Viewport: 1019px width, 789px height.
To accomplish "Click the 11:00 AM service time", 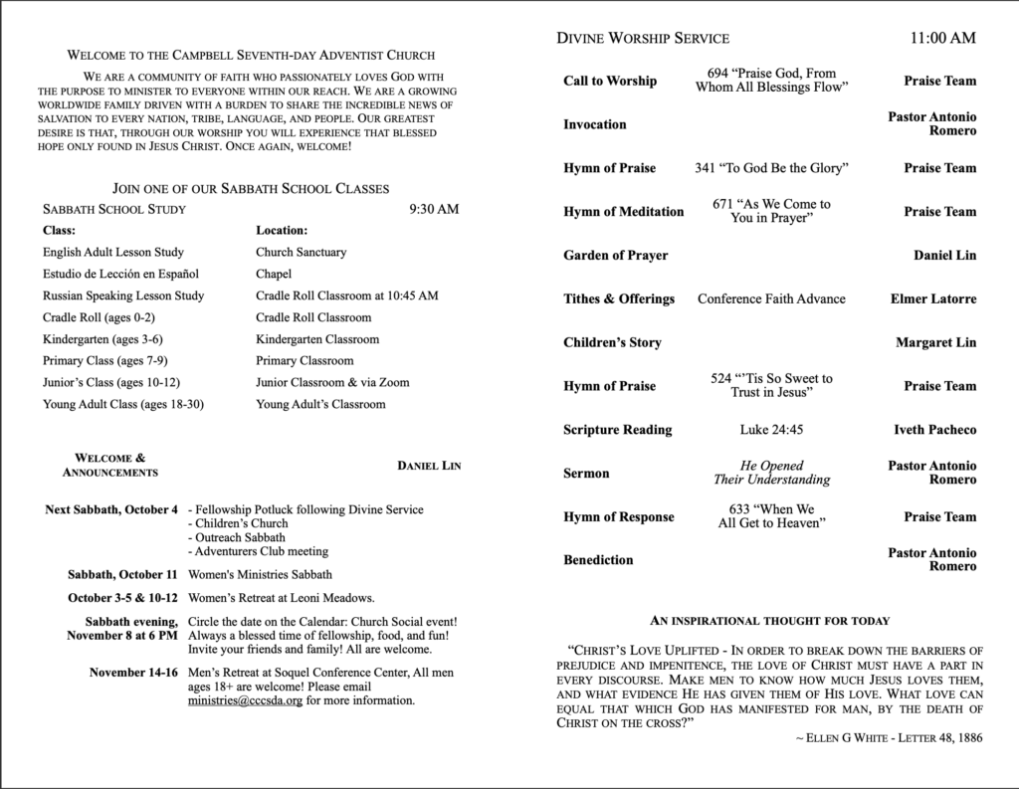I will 942,39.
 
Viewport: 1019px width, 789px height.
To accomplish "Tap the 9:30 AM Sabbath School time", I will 434,209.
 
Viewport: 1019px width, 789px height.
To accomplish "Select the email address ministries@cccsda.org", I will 245,700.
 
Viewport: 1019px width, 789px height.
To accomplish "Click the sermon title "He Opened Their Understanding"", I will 771,473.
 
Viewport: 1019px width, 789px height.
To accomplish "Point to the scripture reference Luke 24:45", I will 771,430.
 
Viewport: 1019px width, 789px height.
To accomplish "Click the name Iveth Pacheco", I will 934,430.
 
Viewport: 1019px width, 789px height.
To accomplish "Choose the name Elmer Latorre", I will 932,298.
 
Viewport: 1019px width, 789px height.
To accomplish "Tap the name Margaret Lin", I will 935,342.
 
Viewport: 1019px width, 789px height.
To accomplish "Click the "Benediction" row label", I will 598,560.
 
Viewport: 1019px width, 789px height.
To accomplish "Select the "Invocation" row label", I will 595,124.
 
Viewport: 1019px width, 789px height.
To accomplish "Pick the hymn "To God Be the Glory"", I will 771,168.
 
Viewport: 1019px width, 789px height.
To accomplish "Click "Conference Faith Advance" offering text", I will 771,298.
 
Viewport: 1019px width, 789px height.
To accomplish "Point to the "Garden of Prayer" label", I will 615,255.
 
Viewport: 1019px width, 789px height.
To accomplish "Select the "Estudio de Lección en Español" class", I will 121,274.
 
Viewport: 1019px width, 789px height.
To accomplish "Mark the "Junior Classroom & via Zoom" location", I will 332,382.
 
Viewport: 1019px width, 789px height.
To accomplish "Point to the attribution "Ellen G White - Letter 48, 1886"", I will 883,737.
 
